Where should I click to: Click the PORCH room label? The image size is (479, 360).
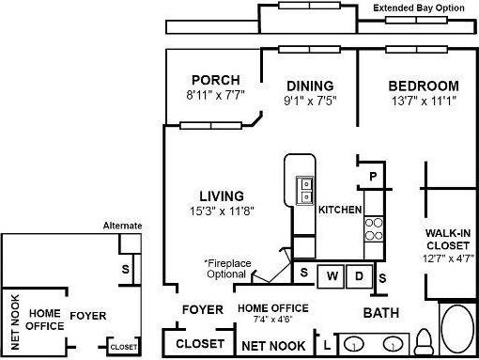pyautogui.click(x=215, y=80)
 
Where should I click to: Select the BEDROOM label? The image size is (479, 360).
pyautogui.click(x=424, y=86)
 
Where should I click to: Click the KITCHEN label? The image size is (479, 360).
pyautogui.click(x=340, y=209)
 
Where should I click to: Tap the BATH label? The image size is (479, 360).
pyautogui.click(x=381, y=313)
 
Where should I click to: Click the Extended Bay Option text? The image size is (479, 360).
pyautogui.click(x=424, y=8)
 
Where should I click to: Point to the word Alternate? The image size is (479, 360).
pyautogui.click(x=122, y=226)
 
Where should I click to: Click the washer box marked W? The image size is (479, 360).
pyautogui.click(x=332, y=276)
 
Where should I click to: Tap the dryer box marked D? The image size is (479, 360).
pyautogui.click(x=359, y=276)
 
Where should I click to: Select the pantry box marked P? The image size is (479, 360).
pyautogui.click(x=372, y=176)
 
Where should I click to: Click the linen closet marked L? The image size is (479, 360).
pyautogui.click(x=326, y=346)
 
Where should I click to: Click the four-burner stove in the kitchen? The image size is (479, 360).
pyautogui.click(x=374, y=228)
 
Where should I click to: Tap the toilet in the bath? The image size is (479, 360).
pyautogui.click(x=424, y=340)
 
